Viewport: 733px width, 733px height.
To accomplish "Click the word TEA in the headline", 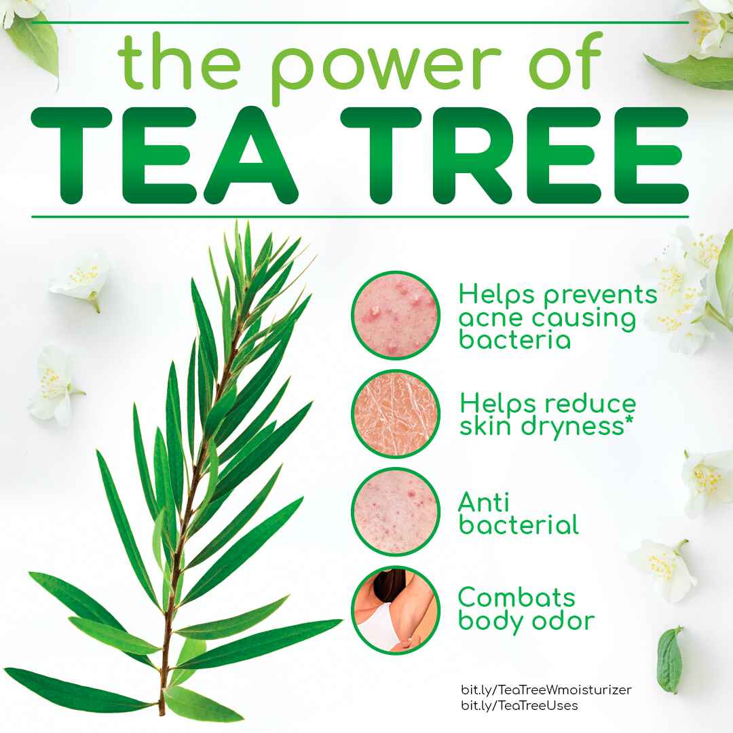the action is [x=164, y=155].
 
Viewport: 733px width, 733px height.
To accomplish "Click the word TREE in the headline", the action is [x=514, y=155].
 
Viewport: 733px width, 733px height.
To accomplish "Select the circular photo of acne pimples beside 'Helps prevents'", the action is [x=396, y=315].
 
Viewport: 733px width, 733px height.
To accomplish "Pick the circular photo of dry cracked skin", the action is [x=396, y=413].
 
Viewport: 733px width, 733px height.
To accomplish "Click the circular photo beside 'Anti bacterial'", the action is [x=396, y=512].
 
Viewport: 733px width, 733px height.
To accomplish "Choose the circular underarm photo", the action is [x=396, y=610].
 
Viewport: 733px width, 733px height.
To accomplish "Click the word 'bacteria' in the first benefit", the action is [x=514, y=339].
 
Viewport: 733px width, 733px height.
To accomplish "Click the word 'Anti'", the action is [x=483, y=502].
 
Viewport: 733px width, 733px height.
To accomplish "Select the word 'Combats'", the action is [x=516, y=597].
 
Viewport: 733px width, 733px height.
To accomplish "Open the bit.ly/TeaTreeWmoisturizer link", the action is [x=546, y=690].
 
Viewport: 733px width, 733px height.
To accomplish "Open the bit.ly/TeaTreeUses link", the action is [x=519, y=705].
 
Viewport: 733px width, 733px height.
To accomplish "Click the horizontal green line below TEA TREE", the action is [x=360, y=217].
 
